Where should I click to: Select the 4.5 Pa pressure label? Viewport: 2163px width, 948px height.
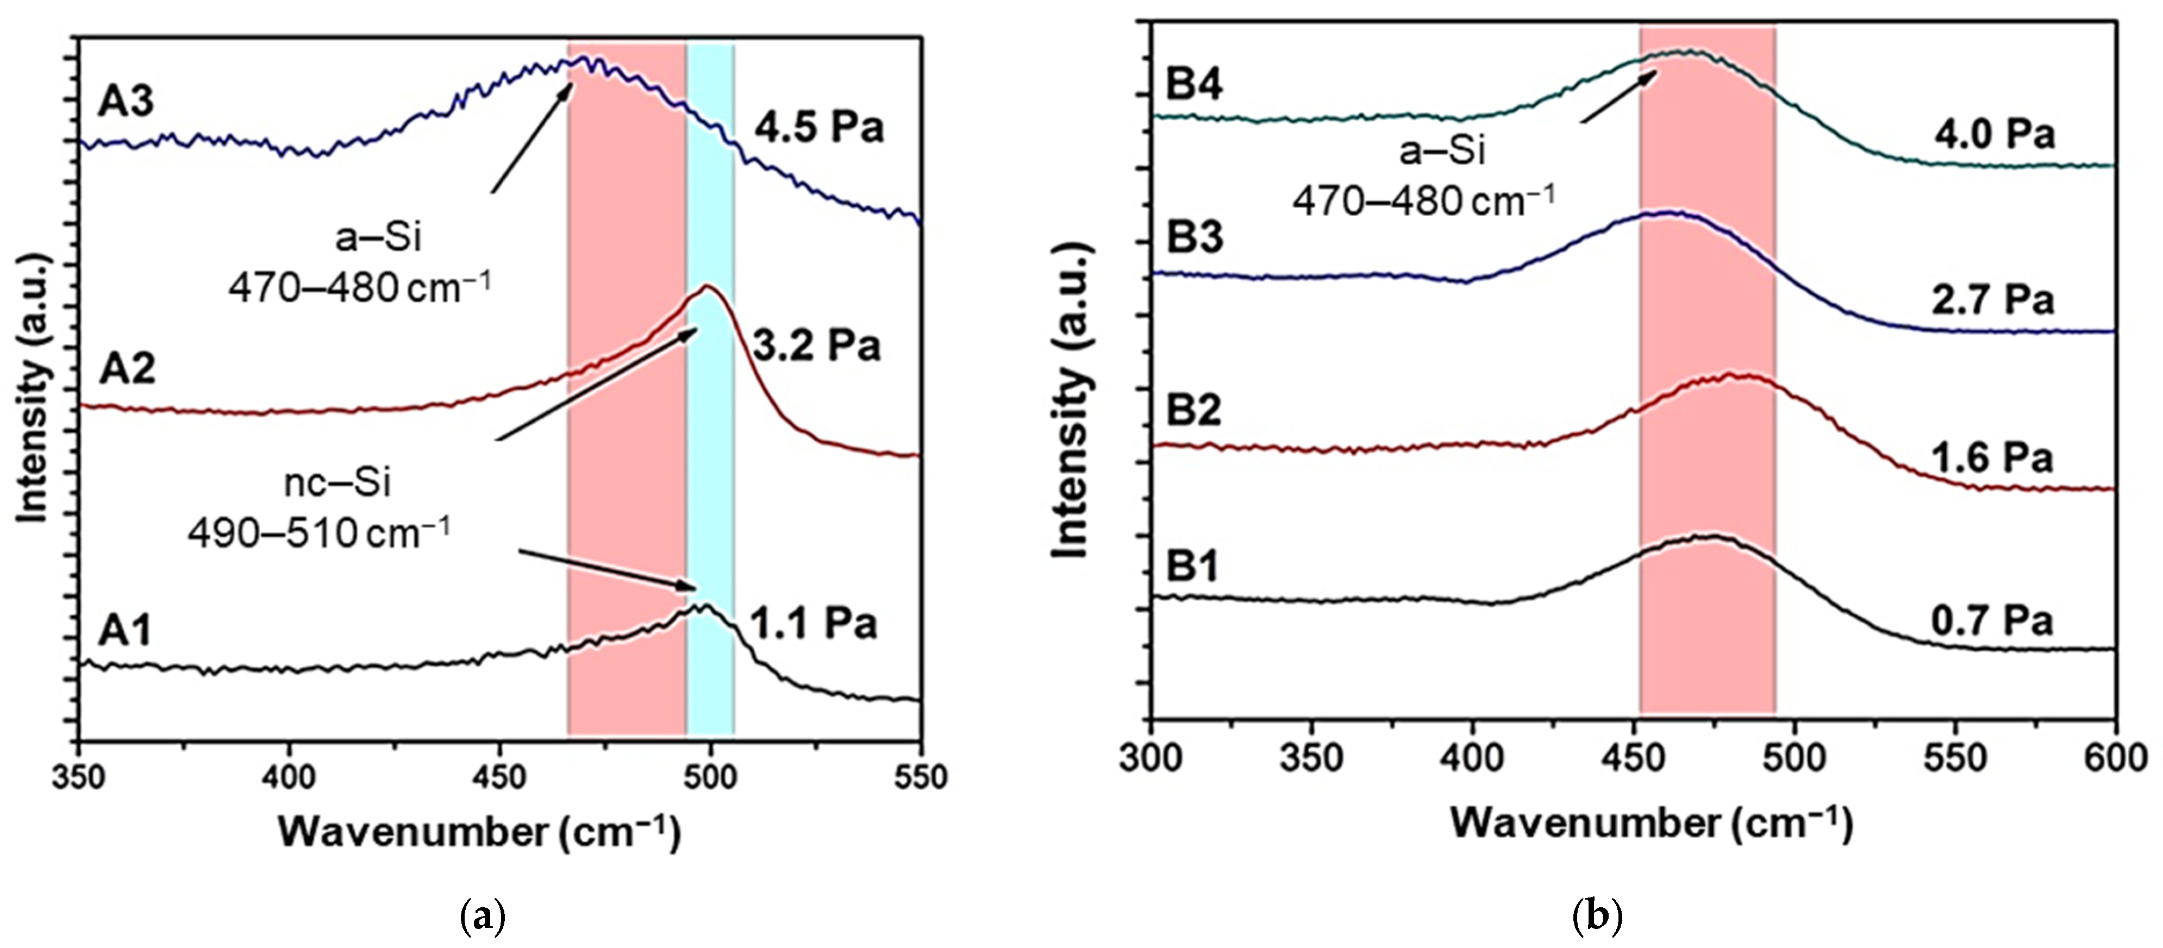pyautogui.click(x=818, y=128)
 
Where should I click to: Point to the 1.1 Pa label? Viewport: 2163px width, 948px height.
pyautogui.click(x=813, y=623)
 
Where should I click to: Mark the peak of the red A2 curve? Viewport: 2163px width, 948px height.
pyautogui.click(x=707, y=287)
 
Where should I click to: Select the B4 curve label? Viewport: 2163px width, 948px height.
pyautogui.click(x=1194, y=85)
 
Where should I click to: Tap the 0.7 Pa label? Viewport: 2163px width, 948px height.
pyautogui.click(x=1992, y=621)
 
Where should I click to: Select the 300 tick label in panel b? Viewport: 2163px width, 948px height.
pyautogui.click(x=1151, y=758)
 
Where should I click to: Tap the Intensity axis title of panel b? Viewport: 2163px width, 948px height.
pyautogui.click(x=1071, y=401)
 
